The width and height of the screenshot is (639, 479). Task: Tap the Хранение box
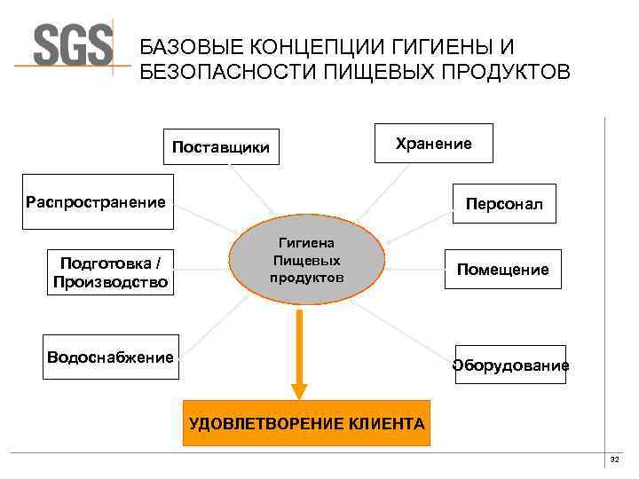click(x=433, y=143)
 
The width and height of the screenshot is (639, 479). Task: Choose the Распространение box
click(x=97, y=202)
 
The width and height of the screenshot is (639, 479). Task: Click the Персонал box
click(x=504, y=205)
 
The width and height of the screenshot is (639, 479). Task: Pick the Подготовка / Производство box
click(x=111, y=272)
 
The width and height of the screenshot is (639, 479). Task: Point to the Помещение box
click(x=502, y=269)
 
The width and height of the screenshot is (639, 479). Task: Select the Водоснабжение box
click(x=111, y=357)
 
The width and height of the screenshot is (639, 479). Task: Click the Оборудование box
click(x=510, y=365)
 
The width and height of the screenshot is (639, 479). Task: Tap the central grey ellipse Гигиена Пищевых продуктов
click(x=307, y=259)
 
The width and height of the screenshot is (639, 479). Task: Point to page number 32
click(x=614, y=459)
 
